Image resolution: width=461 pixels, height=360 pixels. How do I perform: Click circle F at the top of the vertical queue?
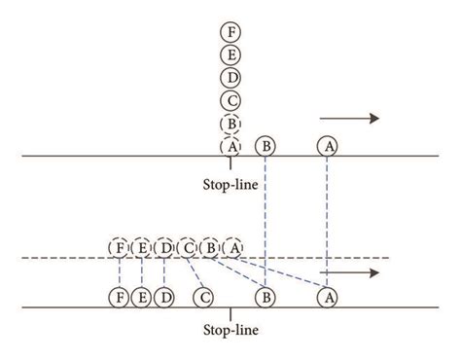coord(230,32)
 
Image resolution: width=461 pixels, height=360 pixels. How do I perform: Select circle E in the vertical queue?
coord(230,54)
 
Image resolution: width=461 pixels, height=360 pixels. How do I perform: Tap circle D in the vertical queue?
coord(230,77)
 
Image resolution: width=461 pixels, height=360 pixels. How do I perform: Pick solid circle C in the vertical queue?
coord(230,99)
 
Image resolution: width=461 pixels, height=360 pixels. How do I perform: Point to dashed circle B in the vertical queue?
coord(230,123)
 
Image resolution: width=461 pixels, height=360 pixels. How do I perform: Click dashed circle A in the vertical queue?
coord(230,145)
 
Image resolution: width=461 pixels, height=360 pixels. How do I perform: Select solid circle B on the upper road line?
coord(266,146)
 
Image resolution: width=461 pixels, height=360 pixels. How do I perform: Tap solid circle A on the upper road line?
coord(328,146)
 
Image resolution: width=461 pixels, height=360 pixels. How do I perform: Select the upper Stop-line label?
coord(230,182)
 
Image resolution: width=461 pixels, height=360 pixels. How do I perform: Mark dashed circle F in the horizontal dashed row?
coord(119,248)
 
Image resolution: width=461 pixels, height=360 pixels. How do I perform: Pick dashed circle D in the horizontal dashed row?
coord(164,248)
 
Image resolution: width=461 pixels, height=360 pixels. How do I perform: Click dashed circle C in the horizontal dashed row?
coord(188,248)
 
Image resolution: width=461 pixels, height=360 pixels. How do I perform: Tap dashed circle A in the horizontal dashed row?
coord(232,248)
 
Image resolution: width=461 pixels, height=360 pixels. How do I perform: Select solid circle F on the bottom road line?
coord(119,295)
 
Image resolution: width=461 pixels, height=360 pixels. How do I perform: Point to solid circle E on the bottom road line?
coord(142,295)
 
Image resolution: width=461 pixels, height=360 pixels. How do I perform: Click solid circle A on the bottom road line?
coord(328,295)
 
